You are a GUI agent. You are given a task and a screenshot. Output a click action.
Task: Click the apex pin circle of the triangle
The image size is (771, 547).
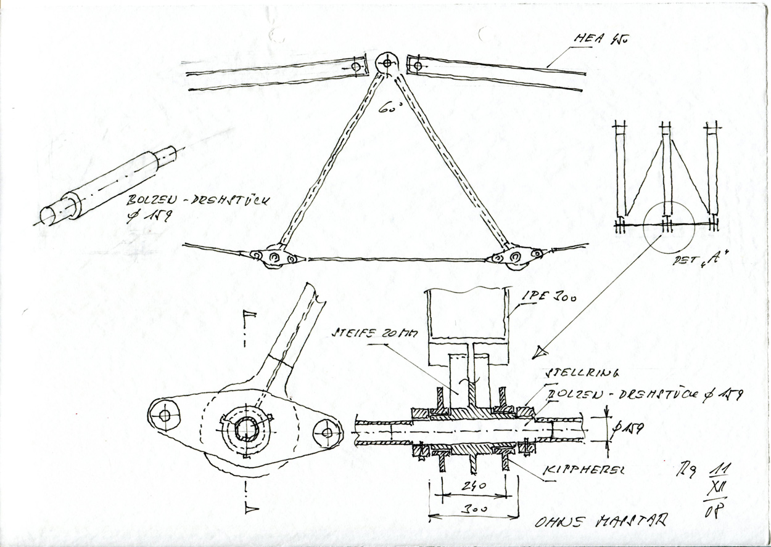coord(387,62)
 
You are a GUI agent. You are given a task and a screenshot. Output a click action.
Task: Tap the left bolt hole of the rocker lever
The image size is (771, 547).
coord(164,416)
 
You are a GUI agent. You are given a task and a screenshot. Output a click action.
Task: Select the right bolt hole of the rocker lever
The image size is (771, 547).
coord(326,432)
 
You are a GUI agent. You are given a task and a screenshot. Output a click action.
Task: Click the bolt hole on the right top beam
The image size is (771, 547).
coord(418,65)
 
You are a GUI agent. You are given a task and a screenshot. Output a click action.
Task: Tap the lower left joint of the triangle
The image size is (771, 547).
coord(273,256)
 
